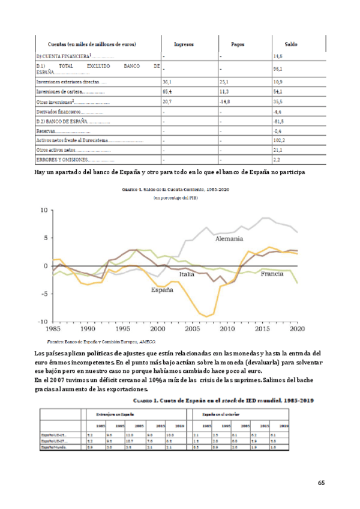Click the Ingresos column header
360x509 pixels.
[183, 44]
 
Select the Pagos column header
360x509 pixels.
[242, 44]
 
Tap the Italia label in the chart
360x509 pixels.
[187, 274]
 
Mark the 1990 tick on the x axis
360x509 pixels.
[88, 329]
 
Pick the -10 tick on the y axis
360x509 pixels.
[43, 322]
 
